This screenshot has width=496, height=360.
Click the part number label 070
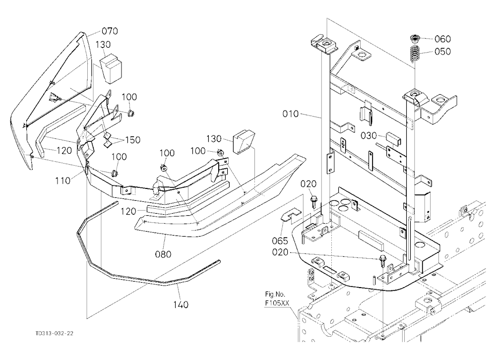tap(110, 31)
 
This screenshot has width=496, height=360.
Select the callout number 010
tap(291, 114)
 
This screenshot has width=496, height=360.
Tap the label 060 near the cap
tap(442, 39)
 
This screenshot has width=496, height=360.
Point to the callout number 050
tap(442, 51)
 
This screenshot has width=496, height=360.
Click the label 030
tap(369, 136)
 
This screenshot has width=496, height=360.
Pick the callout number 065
tap(280, 240)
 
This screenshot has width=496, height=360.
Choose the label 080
tap(163, 254)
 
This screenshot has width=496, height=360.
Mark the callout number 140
tap(181, 304)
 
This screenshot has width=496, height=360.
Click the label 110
tap(63, 180)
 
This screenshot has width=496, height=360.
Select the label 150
tap(133, 140)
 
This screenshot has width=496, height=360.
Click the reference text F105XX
tap(277, 303)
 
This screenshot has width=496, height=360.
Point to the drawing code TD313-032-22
tap(55, 333)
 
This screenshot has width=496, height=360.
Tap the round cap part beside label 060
tap(415, 39)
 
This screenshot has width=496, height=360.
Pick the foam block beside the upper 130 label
tap(112, 68)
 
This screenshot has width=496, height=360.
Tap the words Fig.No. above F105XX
tap(275, 294)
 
